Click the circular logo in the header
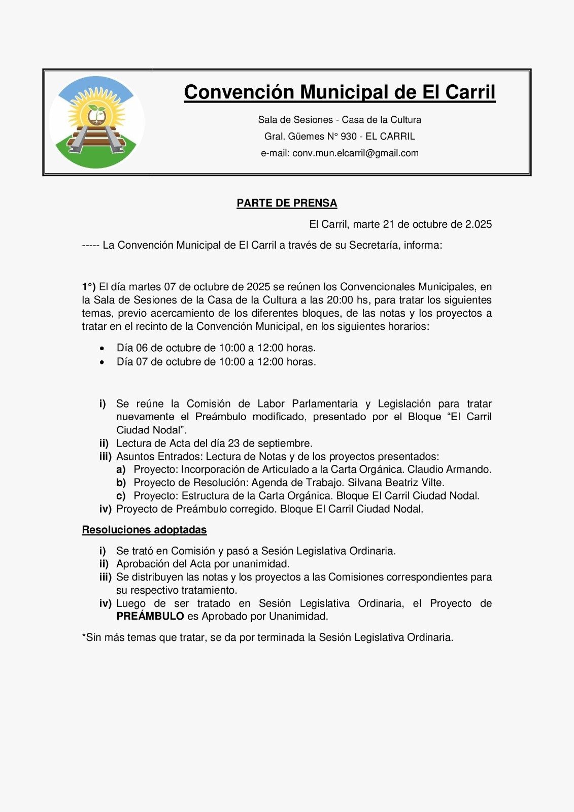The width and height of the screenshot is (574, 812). click(x=97, y=122)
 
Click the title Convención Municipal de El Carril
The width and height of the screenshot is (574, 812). click(x=340, y=92)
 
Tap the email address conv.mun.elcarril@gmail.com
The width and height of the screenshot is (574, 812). click(x=355, y=153)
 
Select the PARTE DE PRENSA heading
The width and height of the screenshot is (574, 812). click(x=287, y=203)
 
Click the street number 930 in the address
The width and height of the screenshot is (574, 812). click(x=349, y=137)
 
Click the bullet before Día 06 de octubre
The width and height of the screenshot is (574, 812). click(x=103, y=349)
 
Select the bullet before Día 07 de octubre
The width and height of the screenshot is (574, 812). click(x=103, y=362)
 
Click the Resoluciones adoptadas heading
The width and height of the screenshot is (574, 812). click(x=144, y=530)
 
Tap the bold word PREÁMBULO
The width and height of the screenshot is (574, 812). click(x=150, y=617)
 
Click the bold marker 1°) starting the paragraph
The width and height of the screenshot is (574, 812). click(x=89, y=287)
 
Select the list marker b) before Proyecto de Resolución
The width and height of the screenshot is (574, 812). click(x=121, y=483)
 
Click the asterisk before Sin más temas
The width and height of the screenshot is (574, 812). click(x=84, y=636)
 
